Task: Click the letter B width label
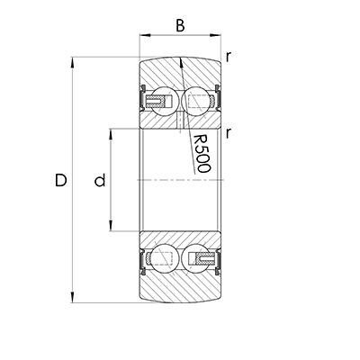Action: pyautogui.click(x=180, y=25)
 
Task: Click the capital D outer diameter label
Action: pyautogui.click(x=60, y=181)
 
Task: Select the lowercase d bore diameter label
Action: pyautogui.click(x=100, y=181)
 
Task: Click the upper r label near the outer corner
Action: pyautogui.click(x=229, y=57)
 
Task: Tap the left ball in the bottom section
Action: pyautogui.click(x=166, y=260)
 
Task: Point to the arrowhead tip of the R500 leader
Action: pyautogui.click(x=181, y=59)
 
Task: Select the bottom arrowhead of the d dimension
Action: pyautogui.click(x=111, y=229)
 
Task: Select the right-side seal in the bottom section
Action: pyautogui.click(x=217, y=260)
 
